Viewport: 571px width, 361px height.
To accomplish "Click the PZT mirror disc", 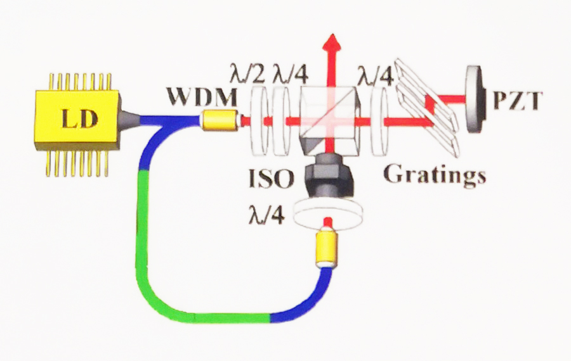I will pyautogui.click(x=473, y=99).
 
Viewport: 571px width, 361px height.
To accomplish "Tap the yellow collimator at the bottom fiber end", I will pyautogui.click(x=327, y=249).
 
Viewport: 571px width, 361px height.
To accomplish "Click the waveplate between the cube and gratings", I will pyautogui.click(x=378, y=120).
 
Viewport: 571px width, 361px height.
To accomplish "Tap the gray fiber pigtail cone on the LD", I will pyautogui.click(x=131, y=118).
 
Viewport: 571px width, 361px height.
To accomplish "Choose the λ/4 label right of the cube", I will pyautogui.click(x=374, y=75).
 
